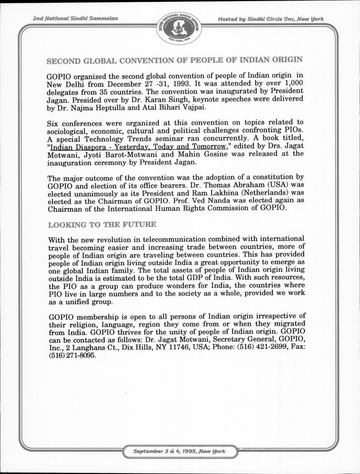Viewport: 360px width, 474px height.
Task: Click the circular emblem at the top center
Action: pyautogui.click(x=180, y=27)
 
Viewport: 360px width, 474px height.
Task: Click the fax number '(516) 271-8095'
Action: pyautogui.click(x=71, y=354)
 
